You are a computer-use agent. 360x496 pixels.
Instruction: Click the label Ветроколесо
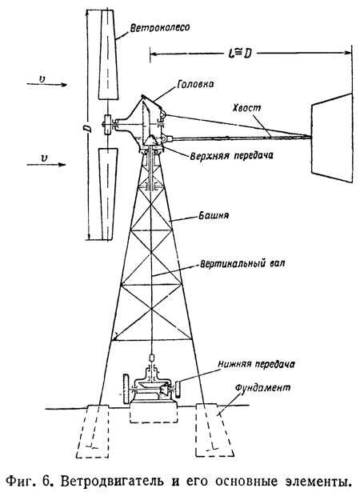160,28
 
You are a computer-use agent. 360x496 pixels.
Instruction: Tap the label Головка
195,84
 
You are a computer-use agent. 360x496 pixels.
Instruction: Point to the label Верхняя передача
231,156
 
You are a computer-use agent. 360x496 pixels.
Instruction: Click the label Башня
214,216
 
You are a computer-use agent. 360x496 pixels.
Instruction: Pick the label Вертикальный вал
242,263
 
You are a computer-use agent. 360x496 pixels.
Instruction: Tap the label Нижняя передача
256,364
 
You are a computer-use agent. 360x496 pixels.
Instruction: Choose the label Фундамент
262,387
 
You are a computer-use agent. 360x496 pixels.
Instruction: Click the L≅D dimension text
240,53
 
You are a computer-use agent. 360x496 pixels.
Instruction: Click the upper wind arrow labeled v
46,84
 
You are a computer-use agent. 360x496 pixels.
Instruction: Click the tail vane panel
332,138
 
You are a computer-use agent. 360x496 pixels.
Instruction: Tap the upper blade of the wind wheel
108,54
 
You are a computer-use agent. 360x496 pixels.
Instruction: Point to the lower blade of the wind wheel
107,194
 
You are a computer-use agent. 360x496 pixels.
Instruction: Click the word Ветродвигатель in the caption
113,482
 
